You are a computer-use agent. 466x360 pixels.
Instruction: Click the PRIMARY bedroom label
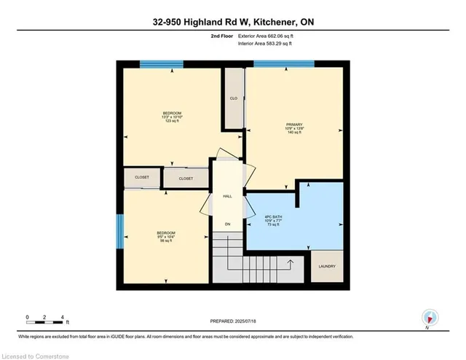pyautogui.click(x=293, y=125)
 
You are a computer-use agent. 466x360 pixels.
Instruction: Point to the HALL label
pyautogui.click(x=226, y=196)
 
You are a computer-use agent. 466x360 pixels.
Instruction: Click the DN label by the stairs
pyautogui.click(x=226, y=224)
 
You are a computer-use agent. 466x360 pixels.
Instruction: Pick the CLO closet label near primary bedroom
pyautogui.click(x=234, y=98)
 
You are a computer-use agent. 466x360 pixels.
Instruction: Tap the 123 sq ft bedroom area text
pyautogui.click(x=172, y=121)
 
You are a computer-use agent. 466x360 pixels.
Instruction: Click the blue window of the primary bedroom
pyautogui.click(x=284, y=64)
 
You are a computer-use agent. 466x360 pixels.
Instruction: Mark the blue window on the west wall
pyautogui.click(x=119, y=232)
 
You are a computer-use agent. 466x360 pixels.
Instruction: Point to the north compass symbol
pyautogui.click(x=430, y=318)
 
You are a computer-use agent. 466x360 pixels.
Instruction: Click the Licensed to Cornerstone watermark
pyautogui.click(x=36, y=353)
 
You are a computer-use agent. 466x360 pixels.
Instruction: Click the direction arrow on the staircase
pyautogui.click(x=291, y=262)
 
